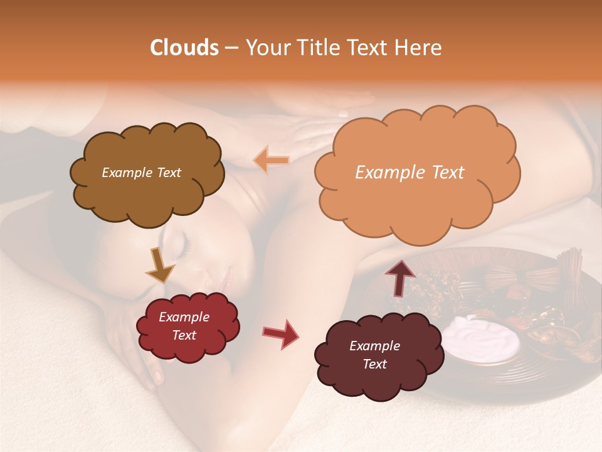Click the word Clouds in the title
coord(184,48)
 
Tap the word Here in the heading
coord(420,48)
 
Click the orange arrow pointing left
coord(271,161)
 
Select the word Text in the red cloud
coord(184,336)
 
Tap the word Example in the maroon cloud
coord(374,346)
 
